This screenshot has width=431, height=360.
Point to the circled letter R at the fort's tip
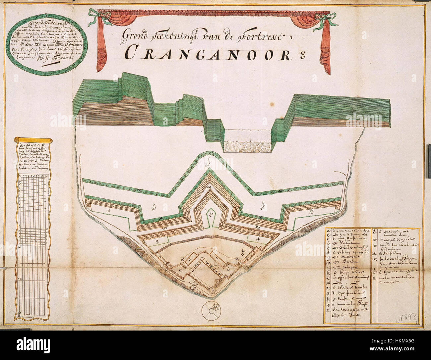(x=213, y=290)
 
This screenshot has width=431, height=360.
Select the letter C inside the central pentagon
(x=211, y=214)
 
